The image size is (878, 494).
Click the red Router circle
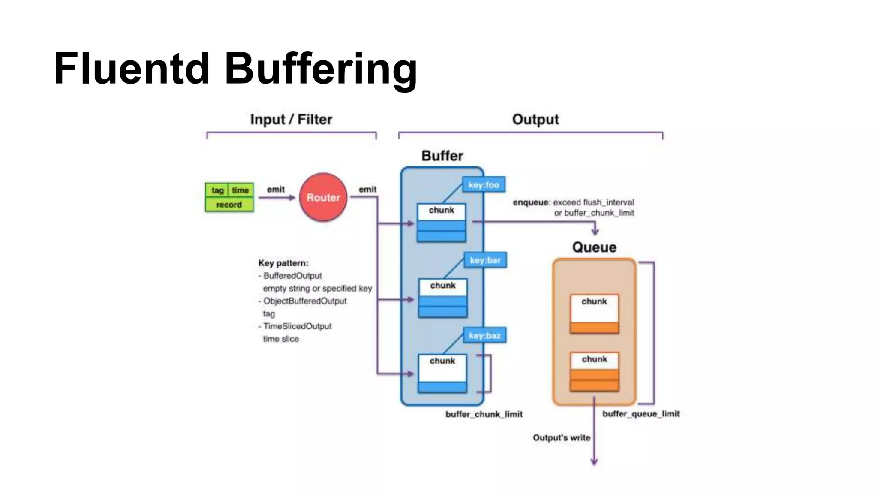[323, 197]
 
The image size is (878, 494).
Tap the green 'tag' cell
[217, 190]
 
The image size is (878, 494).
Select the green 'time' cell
[241, 190]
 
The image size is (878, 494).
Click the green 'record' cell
[229, 205]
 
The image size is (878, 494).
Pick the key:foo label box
[484, 185]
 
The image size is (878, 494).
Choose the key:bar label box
[485, 260]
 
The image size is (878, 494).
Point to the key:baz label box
[484, 335]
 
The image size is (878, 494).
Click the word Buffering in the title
[321, 69]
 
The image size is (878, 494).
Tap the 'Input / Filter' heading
[291, 119]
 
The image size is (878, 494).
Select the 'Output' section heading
[535, 119]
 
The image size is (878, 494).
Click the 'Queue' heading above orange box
[594, 247]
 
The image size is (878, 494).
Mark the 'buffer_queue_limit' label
[641, 414]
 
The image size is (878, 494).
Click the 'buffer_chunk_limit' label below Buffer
[484, 414]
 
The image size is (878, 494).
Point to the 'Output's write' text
[561, 438]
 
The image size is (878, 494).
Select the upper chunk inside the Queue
[594, 313]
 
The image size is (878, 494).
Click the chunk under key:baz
[442, 373]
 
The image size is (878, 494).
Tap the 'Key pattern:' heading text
[283, 263]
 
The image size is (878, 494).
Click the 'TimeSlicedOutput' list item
[297, 326]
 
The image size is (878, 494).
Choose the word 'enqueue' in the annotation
[530, 202]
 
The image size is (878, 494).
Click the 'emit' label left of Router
[276, 190]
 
